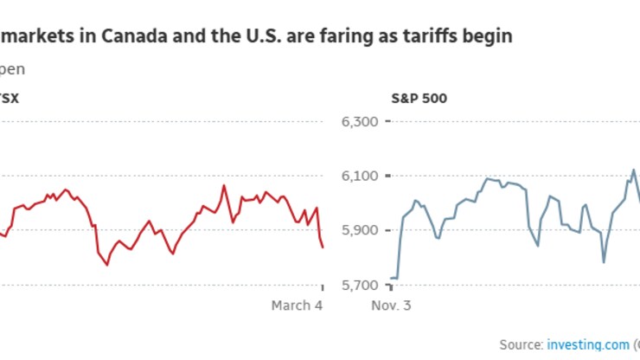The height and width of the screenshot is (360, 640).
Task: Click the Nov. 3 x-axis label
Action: [391, 305]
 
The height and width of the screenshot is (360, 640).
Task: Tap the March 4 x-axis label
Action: [297, 305]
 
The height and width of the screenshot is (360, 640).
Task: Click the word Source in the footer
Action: [521, 344]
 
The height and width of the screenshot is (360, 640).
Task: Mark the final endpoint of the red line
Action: [323, 247]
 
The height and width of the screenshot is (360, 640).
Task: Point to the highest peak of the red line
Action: [225, 184]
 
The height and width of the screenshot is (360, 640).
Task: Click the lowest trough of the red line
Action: [107, 265]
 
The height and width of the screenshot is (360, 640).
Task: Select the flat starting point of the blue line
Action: [394, 278]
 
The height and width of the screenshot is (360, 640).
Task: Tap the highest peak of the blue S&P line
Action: [634, 170]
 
